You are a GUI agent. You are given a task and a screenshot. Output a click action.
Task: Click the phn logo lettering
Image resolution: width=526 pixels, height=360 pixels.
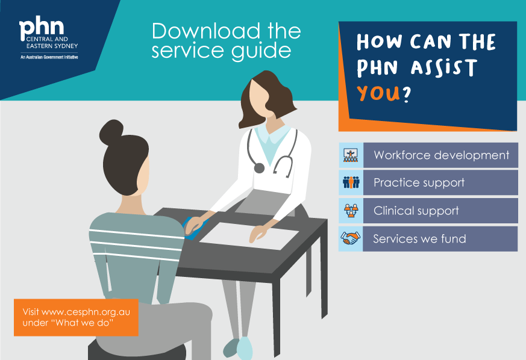[x=42, y=27]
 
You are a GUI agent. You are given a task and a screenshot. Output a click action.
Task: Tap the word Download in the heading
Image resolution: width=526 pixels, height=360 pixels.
[x=206, y=31]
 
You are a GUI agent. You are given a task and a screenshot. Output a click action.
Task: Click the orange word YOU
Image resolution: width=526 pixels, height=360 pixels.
[x=378, y=93]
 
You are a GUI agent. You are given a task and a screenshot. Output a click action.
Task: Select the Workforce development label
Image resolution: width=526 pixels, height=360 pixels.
[x=441, y=155]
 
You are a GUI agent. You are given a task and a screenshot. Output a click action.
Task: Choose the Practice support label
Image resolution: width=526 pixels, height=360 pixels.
[x=419, y=182]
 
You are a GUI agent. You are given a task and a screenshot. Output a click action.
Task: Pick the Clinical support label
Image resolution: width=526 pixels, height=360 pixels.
[x=416, y=211]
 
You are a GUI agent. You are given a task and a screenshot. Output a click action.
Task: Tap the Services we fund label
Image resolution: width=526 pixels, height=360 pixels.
[x=420, y=238]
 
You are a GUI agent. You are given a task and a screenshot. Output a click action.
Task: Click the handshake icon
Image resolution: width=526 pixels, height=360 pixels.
[x=351, y=238]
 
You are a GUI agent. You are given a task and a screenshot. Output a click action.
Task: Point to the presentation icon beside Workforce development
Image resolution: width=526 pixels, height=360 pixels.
[x=351, y=155]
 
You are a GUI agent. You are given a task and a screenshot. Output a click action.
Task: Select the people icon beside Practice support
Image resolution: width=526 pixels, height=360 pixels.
[x=351, y=182]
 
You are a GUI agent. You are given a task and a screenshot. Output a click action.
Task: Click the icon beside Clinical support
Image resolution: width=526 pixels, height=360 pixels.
[x=351, y=211]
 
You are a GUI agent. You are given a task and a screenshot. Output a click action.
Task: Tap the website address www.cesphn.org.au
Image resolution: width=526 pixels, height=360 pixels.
[x=86, y=312]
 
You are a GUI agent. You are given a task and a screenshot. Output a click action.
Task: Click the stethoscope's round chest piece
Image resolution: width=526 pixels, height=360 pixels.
[x=259, y=167]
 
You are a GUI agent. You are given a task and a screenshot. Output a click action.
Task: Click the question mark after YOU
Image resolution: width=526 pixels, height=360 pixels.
[x=406, y=94]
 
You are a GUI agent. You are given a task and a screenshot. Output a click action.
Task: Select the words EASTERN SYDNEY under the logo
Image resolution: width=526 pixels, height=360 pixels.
[x=52, y=46]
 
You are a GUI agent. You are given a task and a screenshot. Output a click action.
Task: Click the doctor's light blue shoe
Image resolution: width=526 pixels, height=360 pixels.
[x=244, y=349]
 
